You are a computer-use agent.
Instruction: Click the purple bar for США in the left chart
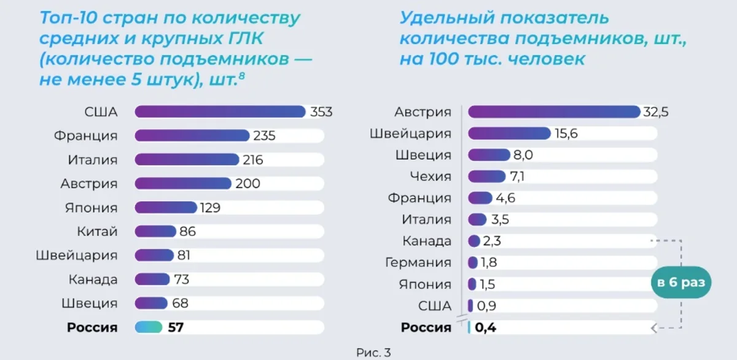pyautogui.click(x=220, y=112)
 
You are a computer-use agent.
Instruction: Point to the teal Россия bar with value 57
pyautogui.click(x=149, y=327)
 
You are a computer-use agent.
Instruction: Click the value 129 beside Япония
pyautogui.click(x=210, y=208)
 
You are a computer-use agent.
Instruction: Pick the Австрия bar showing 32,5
pyautogui.click(x=554, y=112)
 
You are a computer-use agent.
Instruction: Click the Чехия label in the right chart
pyautogui.click(x=431, y=177)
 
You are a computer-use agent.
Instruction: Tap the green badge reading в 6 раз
pyautogui.click(x=680, y=283)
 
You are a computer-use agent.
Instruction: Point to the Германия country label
pyautogui.click(x=418, y=263)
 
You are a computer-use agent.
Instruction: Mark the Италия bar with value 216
pyautogui.click(x=186, y=160)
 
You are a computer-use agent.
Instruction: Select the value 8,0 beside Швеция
pyautogui.click(x=523, y=155)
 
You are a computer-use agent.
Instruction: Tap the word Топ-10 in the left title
pyautogui.click(x=64, y=17)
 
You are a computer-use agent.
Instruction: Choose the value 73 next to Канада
pyautogui.click(x=181, y=280)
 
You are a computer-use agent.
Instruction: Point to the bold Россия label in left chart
pyautogui.click(x=92, y=327)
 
